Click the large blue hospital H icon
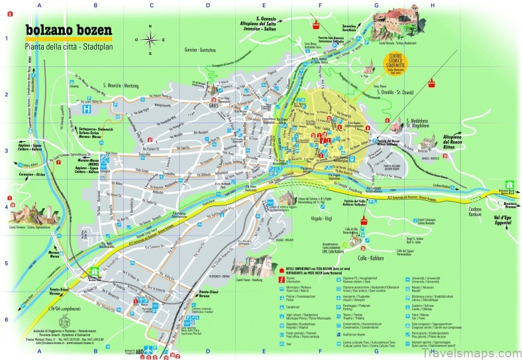(x=86, y=107)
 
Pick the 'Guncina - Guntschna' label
(x=203, y=50)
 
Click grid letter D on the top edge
(x=207, y=5)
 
